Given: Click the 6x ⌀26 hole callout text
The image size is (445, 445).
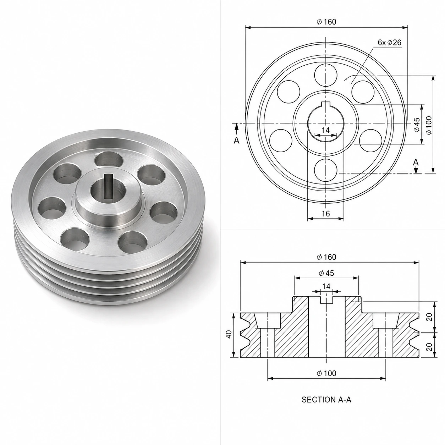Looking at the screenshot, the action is [x=389, y=43].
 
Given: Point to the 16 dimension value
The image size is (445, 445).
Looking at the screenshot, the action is [x=326, y=214].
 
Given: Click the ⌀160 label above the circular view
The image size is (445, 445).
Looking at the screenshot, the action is [x=326, y=22].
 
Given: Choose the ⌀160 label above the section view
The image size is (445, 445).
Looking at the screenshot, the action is [x=326, y=257].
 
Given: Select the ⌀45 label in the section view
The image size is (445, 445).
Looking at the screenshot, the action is [x=326, y=273].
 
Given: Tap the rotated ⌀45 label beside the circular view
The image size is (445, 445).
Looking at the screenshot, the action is [x=417, y=125].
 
